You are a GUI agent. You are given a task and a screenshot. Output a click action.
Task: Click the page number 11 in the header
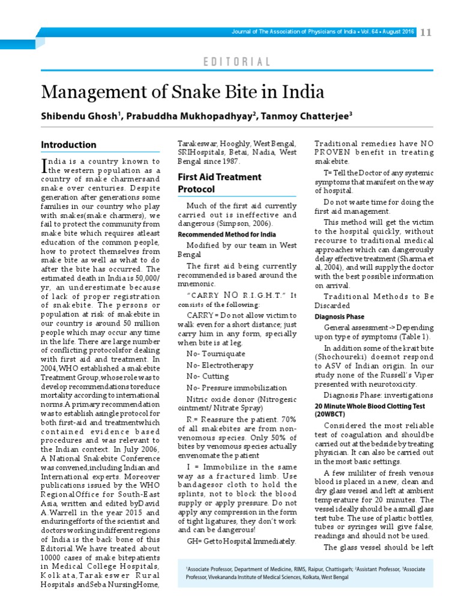click(x=426, y=32)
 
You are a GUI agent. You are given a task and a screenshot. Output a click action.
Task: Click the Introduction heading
click(x=68, y=145)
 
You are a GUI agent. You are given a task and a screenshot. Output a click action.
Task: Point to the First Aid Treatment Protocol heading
click(x=219, y=183)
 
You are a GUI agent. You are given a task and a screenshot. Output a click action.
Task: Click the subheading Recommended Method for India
click(x=226, y=234)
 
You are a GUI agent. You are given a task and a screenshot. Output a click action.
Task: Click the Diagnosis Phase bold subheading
click(x=339, y=317)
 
